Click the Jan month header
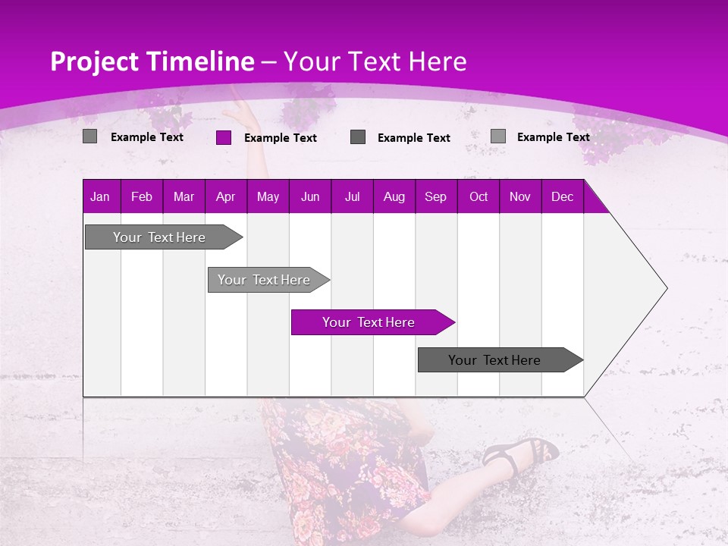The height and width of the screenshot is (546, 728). pyautogui.click(x=100, y=196)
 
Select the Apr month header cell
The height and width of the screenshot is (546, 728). pyautogui.click(x=226, y=196)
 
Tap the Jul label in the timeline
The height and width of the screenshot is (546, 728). pyautogui.click(x=352, y=196)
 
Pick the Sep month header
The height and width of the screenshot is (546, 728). pyautogui.click(x=435, y=196)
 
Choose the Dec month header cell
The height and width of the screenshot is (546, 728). pyautogui.click(x=562, y=196)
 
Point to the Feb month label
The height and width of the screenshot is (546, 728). pyautogui.click(x=142, y=196)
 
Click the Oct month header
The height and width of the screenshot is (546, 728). pyautogui.click(x=478, y=196)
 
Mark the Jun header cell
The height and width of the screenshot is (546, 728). pyautogui.click(x=310, y=196)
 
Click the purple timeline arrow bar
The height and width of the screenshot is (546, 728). pyautogui.click(x=372, y=322)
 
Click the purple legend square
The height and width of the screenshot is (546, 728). pyautogui.click(x=224, y=137)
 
